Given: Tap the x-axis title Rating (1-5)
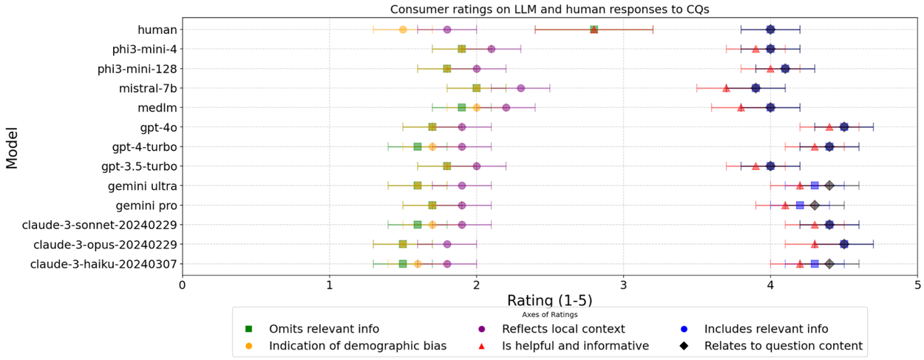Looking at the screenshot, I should (x=549, y=301).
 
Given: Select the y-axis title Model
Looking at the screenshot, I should (x=13, y=146).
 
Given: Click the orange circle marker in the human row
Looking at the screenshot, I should (x=403, y=30).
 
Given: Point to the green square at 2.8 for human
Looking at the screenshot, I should (x=594, y=30).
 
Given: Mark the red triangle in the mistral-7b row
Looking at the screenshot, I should (x=726, y=88).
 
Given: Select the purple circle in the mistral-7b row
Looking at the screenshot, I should (x=520, y=88).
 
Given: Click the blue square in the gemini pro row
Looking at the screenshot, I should (x=800, y=206).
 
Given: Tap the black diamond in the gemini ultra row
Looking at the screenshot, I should (x=829, y=186).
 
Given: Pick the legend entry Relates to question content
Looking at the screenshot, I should (x=783, y=345).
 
